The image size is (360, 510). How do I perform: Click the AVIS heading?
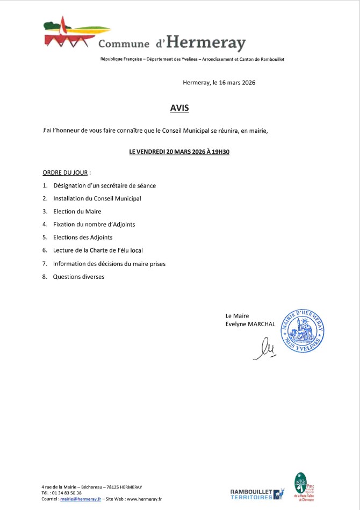pyautogui.click(x=179, y=108)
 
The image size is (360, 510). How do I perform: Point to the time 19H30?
pyautogui.click(x=219, y=152)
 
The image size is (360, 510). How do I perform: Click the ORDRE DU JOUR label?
pyautogui.click(x=66, y=173)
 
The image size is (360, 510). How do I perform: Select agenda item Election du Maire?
pyautogui.click(x=77, y=211)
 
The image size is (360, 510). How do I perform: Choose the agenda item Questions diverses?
pyautogui.click(x=78, y=277)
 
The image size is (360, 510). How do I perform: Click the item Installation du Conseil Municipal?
pyautogui.click(x=97, y=198)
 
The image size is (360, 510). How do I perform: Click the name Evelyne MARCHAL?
pyautogui.click(x=250, y=324)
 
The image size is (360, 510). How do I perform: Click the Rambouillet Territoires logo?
pyautogui.click(x=256, y=494)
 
